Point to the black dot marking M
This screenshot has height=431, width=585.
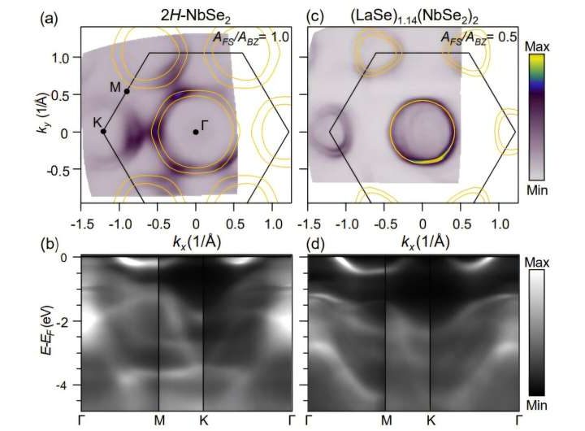[127, 91]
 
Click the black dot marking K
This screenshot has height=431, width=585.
[103, 131]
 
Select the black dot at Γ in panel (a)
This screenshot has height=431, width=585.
[196, 132]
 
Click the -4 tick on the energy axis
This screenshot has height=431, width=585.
[69, 384]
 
